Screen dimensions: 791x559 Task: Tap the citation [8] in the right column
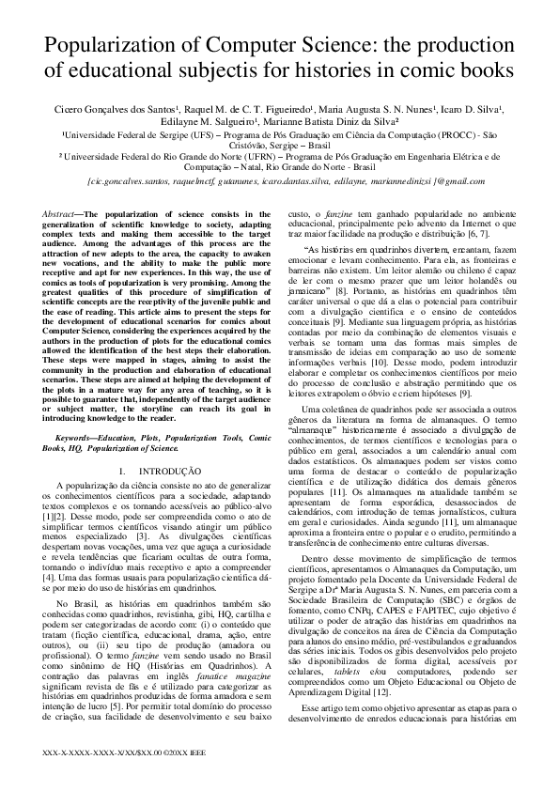click(x=334, y=291)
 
